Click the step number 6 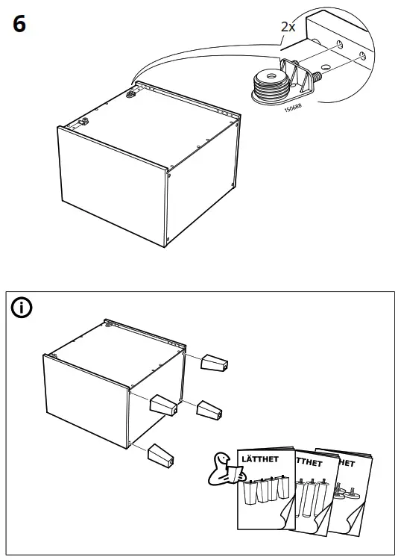point(19,24)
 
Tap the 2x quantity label point(288,26)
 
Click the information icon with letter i point(23,308)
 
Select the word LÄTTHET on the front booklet point(256,455)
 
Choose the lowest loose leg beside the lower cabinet point(162,454)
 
